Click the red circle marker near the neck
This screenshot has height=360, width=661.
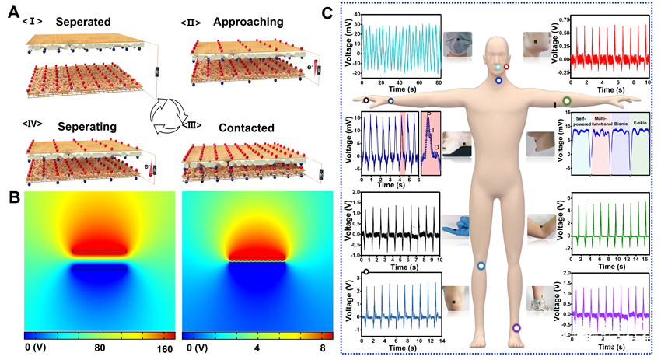click(507, 68)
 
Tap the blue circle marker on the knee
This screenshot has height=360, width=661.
click(481, 266)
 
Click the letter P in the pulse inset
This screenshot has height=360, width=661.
click(428, 115)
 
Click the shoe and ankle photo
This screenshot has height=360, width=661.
click(540, 297)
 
